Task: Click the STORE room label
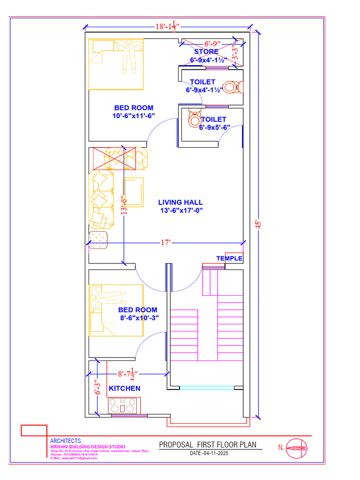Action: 206,52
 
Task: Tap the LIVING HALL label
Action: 180,202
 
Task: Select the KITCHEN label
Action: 124,388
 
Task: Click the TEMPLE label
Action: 229,258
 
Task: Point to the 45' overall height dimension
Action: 257,224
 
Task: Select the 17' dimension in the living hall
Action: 165,243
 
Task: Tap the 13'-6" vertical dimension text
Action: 124,205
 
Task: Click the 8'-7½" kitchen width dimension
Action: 126,374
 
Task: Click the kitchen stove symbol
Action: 124,405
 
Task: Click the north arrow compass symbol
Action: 297,448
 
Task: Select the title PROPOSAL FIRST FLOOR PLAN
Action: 208,444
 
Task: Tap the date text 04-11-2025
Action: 209,454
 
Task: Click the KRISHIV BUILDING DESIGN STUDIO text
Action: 88,447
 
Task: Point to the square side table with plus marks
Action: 98,240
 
